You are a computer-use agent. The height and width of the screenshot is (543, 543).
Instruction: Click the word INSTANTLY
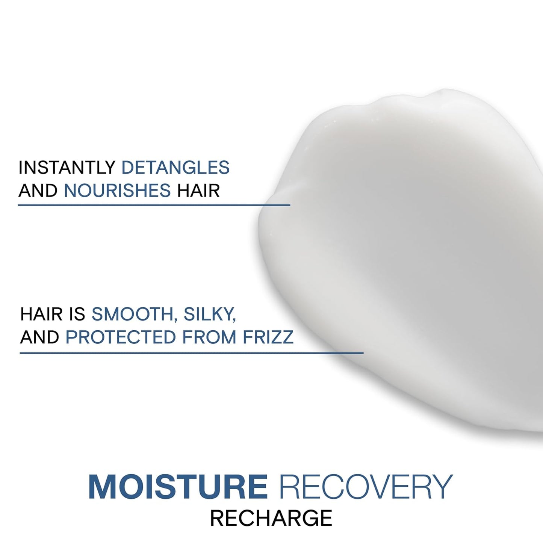point(67,168)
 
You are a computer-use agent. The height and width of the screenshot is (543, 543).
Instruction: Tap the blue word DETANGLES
point(175,168)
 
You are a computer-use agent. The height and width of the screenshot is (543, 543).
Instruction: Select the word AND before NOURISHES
point(38,191)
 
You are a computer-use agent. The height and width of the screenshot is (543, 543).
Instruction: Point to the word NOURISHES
point(117,191)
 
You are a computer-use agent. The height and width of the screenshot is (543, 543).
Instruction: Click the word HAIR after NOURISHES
point(198,191)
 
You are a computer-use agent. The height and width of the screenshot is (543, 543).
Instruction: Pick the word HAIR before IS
point(41,314)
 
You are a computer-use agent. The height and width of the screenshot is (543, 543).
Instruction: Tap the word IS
point(77,314)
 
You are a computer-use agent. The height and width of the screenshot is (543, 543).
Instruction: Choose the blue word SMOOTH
point(132,314)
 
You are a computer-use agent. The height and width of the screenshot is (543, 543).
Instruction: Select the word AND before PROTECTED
point(39,337)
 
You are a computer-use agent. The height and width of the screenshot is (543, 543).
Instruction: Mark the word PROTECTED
point(121,337)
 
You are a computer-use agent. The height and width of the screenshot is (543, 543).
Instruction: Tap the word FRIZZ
point(268,337)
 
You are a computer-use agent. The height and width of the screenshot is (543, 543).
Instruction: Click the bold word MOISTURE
point(178,487)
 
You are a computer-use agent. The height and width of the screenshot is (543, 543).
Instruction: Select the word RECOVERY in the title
point(366,487)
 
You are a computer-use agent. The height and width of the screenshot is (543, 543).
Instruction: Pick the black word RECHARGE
point(271,518)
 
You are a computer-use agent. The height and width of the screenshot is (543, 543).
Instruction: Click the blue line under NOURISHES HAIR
point(154,205)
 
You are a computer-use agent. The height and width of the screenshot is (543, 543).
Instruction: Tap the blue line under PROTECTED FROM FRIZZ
point(192,353)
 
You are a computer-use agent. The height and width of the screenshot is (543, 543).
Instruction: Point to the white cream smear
point(406,263)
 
